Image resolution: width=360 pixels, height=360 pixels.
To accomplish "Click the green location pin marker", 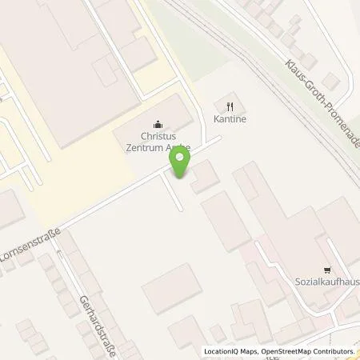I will point(180,162).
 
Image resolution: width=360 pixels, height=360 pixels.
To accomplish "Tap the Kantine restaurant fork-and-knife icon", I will point(230,105).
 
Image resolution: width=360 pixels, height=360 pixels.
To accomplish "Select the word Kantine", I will point(230,119).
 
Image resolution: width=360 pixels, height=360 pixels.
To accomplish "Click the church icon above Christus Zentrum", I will point(157,124).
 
